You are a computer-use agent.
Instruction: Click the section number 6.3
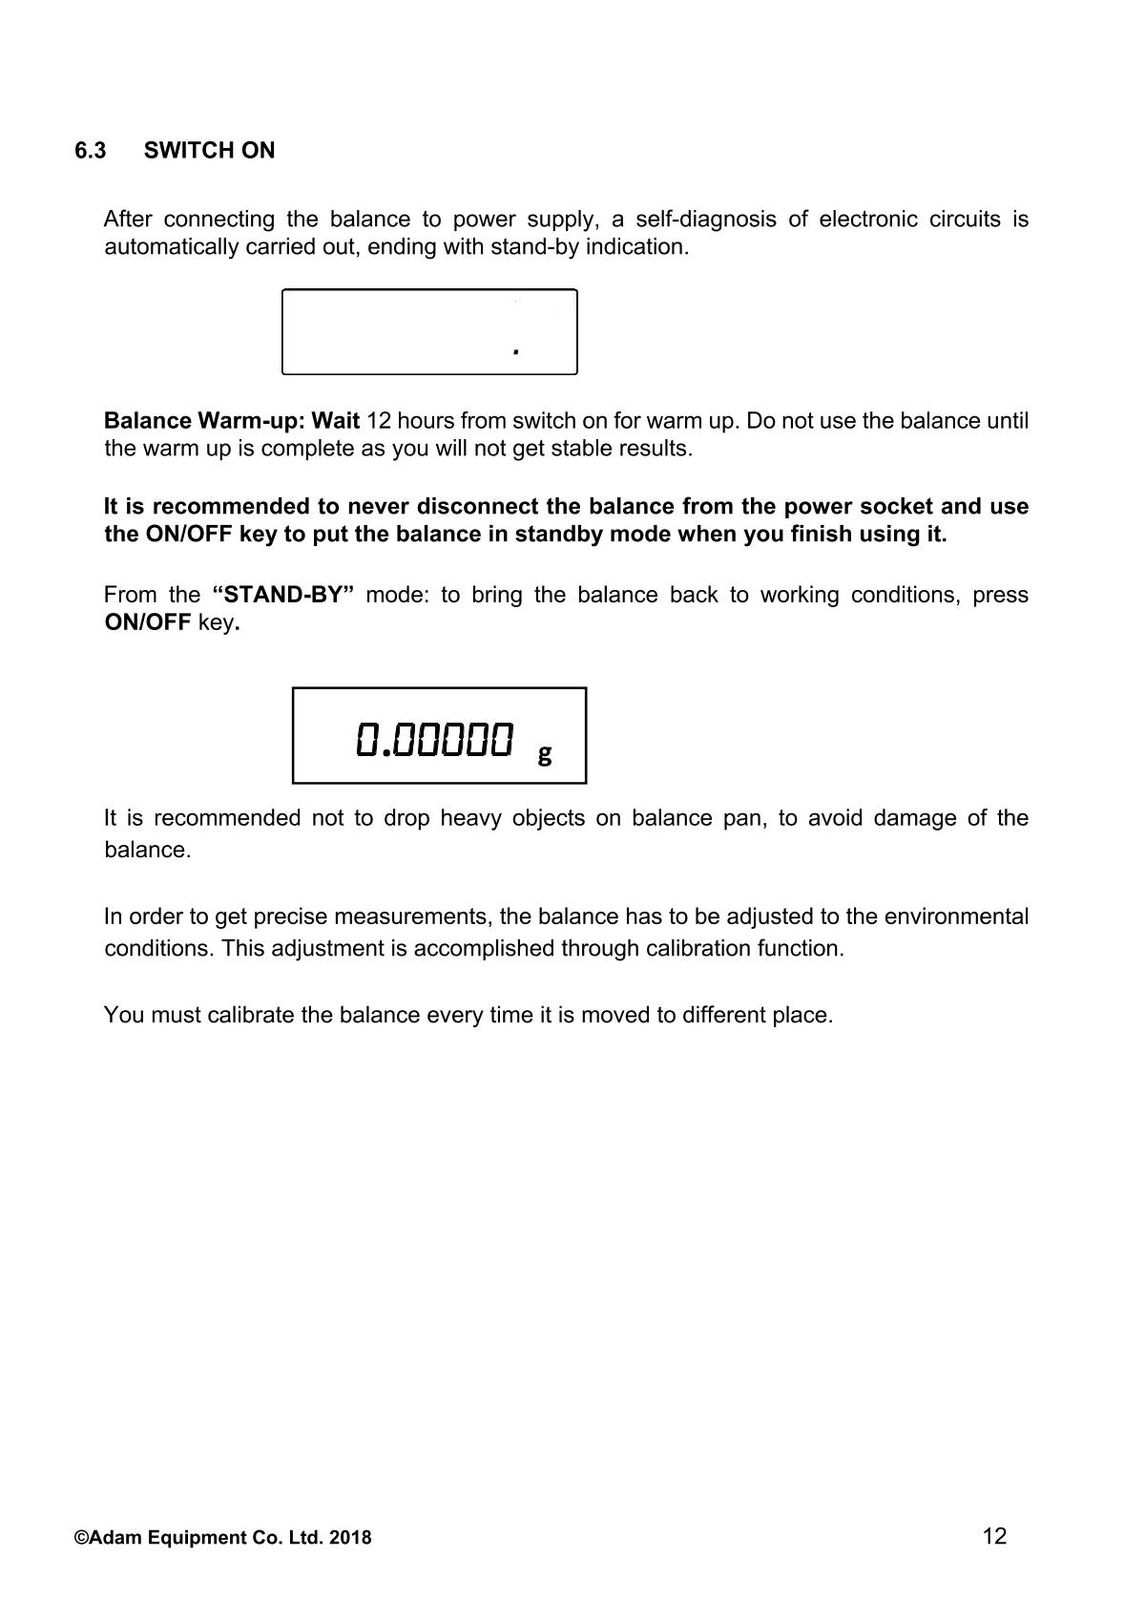(91, 151)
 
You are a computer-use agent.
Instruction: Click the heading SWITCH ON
(209, 151)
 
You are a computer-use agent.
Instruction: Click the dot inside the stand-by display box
(516, 352)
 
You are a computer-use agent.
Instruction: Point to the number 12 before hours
(379, 421)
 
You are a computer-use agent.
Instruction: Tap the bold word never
(378, 506)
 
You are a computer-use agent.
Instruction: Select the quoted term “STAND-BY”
(283, 595)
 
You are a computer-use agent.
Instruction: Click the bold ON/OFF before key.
(147, 623)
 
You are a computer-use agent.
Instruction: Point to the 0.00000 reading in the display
(434, 739)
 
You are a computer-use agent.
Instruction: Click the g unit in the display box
(544, 755)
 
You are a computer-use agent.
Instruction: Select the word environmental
(956, 917)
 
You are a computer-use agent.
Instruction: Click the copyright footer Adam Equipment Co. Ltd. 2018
(223, 1538)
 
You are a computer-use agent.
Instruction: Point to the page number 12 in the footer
(993, 1536)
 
